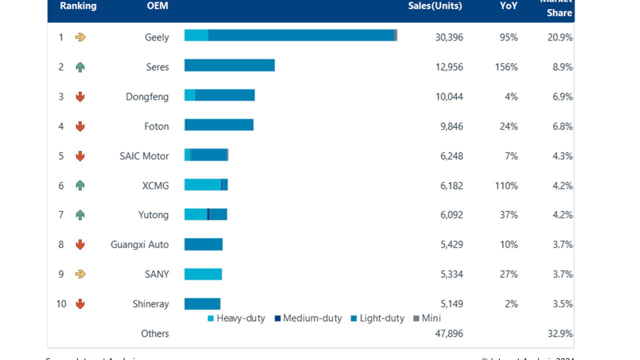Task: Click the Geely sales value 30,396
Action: point(449,37)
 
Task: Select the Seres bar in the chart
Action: point(229,65)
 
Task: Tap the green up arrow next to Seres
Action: point(80,67)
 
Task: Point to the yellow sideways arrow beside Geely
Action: point(80,37)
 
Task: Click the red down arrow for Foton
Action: point(80,126)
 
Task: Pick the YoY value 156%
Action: point(506,67)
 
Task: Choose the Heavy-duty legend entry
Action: point(236,318)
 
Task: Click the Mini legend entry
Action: point(427,318)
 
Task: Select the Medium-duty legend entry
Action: point(308,318)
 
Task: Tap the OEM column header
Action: point(157,6)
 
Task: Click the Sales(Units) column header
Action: point(435,6)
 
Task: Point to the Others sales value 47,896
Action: point(449,333)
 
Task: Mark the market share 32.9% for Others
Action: point(559,333)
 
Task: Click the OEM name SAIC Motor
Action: point(144,156)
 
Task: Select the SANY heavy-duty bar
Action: point(203,274)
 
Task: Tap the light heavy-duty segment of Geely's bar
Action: point(196,35)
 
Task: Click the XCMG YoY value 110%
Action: point(506,185)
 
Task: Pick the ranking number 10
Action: point(61,304)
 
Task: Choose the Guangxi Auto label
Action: point(139,244)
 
